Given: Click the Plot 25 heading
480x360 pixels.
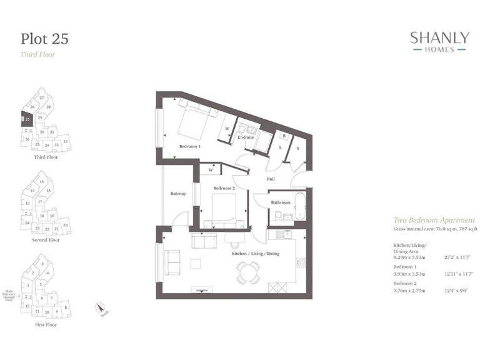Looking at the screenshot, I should (44, 39).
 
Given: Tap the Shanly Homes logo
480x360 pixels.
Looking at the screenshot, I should (439, 42).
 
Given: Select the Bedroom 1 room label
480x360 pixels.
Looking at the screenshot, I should (191, 146).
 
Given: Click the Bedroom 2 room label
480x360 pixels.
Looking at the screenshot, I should (223, 188).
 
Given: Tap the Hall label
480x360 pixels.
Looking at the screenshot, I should (271, 179).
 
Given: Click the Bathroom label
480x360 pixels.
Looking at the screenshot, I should (281, 202).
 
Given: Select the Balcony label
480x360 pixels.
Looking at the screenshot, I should (178, 194).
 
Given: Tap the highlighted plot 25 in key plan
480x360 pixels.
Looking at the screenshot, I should (27, 119).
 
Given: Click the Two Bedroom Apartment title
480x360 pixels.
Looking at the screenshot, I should (433, 221).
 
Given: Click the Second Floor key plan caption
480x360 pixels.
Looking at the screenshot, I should (46, 240).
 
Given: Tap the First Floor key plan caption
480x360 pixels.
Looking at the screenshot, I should (46, 326).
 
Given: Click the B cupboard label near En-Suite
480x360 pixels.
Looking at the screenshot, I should (284, 136).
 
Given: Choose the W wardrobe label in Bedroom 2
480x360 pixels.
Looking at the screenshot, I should (212, 169).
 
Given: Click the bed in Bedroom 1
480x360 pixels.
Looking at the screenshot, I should (195, 120).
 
